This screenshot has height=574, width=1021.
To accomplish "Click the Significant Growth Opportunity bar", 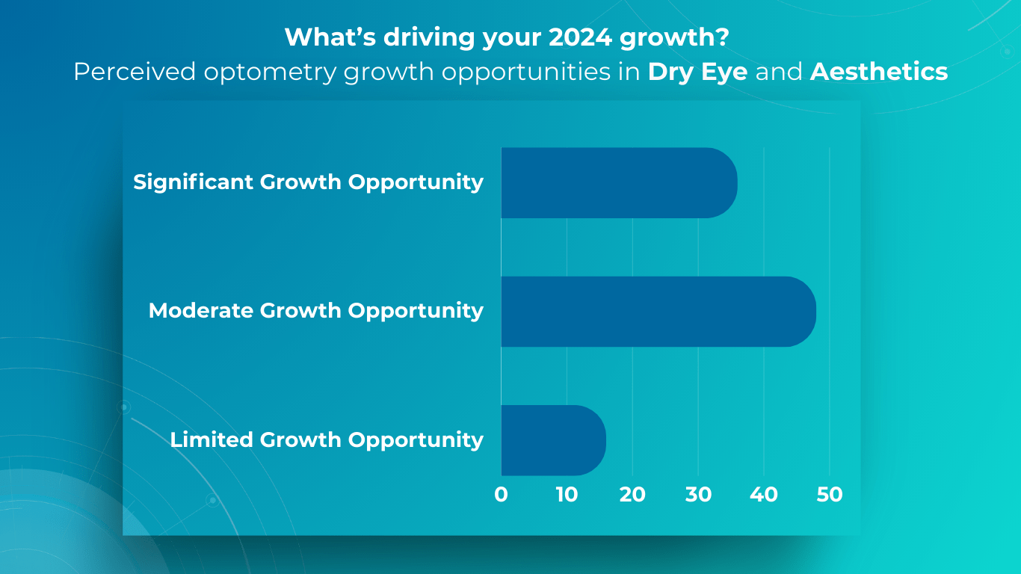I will [619, 183].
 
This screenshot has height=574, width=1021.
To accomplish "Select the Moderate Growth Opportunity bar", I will [658, 312].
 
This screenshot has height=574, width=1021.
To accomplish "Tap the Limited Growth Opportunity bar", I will [553, 440].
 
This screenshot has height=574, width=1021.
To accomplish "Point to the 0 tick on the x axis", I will [501, 495].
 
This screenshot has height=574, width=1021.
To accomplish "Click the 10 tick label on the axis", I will [567, 495].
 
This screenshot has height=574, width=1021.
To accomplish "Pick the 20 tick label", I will [632, 495].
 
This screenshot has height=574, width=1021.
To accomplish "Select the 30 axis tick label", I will [698, 495].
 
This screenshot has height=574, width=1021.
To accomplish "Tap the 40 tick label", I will [764, 495].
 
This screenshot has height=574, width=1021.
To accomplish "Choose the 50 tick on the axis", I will [829, 495].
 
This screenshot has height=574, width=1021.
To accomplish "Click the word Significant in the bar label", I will [194, 182].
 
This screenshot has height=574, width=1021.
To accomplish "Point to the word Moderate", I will [200, 311].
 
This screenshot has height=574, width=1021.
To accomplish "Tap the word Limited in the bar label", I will [212, 439].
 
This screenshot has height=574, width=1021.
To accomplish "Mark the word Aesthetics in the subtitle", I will [879, 72].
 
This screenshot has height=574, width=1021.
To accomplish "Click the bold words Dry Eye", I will [698, 72].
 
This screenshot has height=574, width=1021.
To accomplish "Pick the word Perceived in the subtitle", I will [135, 72].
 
